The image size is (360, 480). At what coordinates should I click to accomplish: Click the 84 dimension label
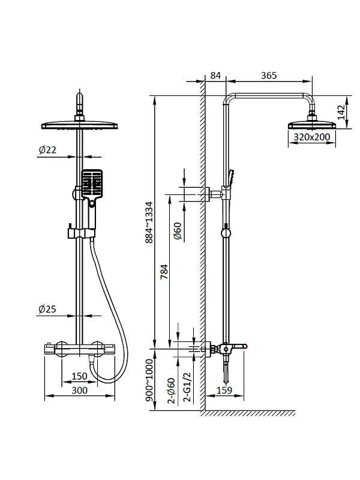click(x=215, y=76)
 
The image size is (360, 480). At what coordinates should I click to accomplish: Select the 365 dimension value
click(x=269, y=76)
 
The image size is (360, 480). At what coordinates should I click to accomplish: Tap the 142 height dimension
click(x=341, y=112)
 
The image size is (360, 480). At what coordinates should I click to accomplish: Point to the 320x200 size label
click(x=312, y=137)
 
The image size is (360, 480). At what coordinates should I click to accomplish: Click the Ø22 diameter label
click(x=47, y=149)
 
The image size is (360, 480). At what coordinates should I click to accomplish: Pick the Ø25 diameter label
click(x=47, y=309)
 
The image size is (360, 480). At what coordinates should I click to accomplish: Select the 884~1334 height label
click(x=149, y=223)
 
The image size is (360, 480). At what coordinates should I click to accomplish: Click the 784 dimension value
click(x=164, y=272)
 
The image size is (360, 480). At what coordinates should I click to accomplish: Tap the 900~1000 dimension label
click(x=149, y=380)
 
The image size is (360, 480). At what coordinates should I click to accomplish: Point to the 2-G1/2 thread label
click(x=187, y=387)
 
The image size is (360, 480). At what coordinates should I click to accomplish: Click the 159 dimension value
click(x=224, y=391)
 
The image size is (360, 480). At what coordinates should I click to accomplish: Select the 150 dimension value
click(x=79, y=376)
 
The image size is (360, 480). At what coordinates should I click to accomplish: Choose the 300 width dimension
click(x=79, y=391)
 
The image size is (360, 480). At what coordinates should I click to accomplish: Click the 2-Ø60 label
click(x=172, y=391)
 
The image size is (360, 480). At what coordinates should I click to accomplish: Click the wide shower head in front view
click(x=80, y=125)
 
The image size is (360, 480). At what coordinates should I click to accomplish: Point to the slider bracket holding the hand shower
click(x=81, y=233)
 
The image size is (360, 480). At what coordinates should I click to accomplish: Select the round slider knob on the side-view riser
click(x=226, y=233)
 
